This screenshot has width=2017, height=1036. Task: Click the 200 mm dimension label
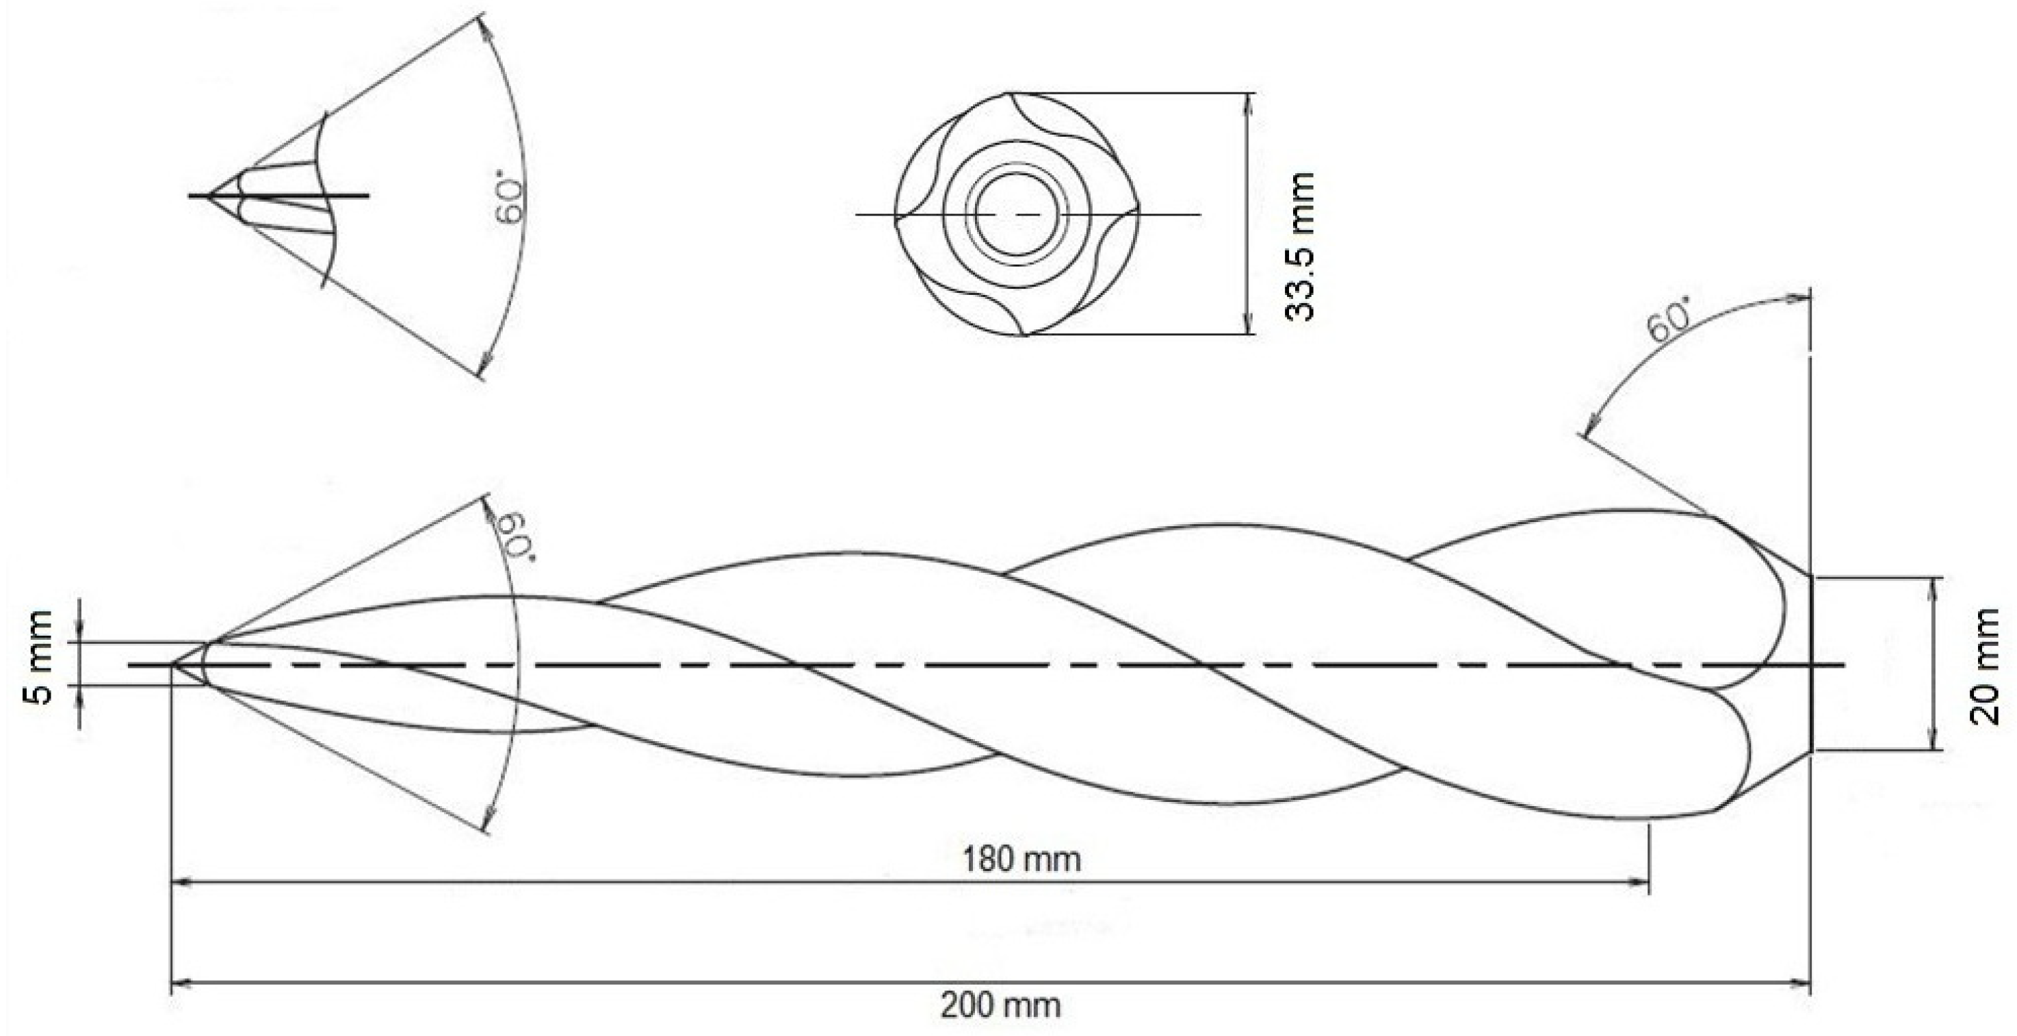click(x=1001, y=1005)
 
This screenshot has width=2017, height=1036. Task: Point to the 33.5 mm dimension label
click(x=1300, y=246)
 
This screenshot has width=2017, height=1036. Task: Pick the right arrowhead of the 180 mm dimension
click(x=1643, y=882)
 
